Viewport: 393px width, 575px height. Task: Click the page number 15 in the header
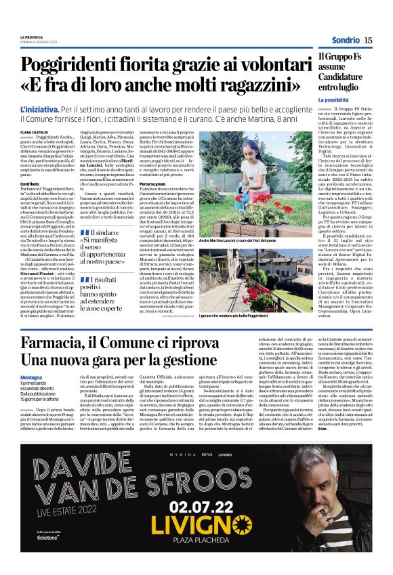pos(368,41)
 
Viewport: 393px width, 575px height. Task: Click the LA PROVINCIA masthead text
pos(32,37)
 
